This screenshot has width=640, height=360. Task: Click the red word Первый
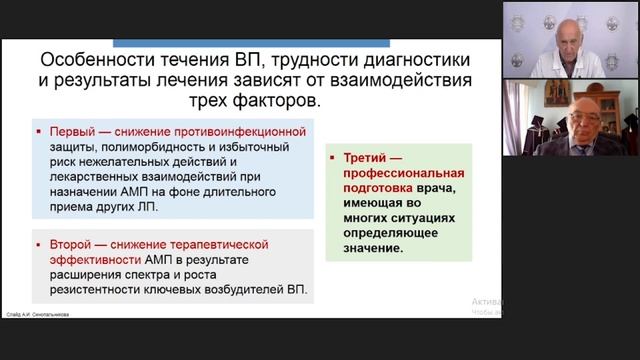(x=70, y=132)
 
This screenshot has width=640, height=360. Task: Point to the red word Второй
(x=70, y=244)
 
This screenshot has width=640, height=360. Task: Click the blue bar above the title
(x=251, y=43)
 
